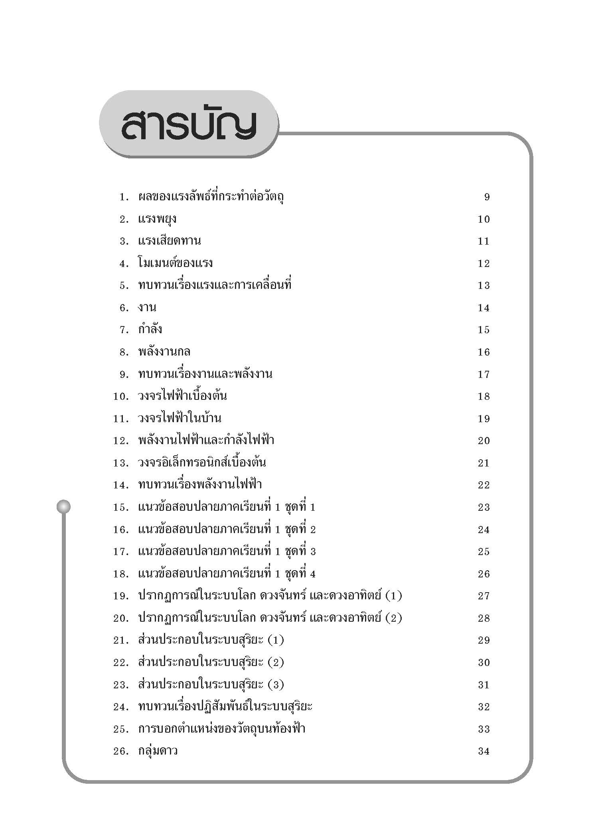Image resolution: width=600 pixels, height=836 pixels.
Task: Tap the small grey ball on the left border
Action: point(63,507)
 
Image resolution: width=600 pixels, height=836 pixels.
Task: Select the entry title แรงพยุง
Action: point(157,219)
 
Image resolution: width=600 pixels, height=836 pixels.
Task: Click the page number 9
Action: point(487,197)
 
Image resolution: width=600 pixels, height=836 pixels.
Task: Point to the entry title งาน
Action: point(147,308)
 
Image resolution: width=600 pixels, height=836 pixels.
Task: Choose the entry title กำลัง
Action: point(150,330)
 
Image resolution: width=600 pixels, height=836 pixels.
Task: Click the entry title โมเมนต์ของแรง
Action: point(176,263)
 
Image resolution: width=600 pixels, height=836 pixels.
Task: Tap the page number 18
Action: point(484,396)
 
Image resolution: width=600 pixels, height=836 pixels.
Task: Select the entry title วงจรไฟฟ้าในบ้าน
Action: point(180,419)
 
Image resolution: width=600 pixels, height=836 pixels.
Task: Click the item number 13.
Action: point(120,463)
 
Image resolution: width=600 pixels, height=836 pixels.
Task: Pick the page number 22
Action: point(484,485)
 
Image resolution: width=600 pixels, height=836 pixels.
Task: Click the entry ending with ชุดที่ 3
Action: point(227,551)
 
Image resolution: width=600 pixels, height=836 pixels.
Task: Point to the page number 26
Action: point(484,574)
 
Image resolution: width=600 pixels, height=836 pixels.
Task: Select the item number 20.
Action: point(120,618)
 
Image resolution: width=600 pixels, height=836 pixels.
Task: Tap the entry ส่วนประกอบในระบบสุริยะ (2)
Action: point(211,662)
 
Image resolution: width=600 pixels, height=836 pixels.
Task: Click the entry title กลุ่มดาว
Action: point(158,751)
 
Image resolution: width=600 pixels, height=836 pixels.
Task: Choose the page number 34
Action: point(484,751)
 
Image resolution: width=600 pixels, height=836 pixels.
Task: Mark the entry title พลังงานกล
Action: point(164,352)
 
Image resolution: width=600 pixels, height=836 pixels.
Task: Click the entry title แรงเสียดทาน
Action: point(170,241)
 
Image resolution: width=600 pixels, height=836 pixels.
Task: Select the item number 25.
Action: point(120,729)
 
